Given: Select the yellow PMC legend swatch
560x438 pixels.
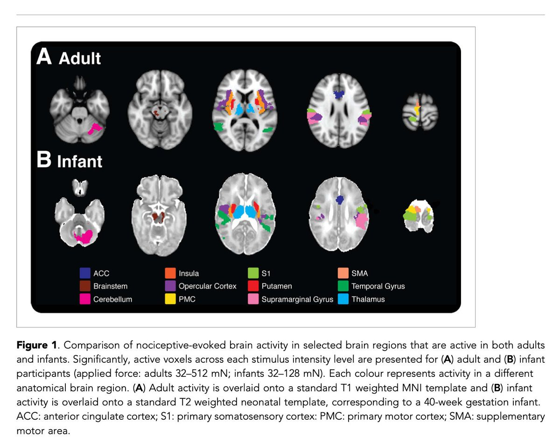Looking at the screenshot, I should [x=171, y=299].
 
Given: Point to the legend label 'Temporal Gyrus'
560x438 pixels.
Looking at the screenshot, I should [x=378, y=286].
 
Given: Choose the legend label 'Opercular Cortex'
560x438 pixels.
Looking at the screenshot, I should [x=207, y=286].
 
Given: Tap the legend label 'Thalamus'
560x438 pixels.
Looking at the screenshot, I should [x=368, y=299].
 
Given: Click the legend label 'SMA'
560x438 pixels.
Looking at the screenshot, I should [x=360, y=273].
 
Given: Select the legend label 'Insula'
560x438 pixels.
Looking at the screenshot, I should [x=189, y=273].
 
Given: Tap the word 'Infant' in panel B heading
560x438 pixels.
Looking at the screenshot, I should [x=79, y=162].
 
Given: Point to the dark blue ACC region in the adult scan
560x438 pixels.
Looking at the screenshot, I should [x=338, y=94].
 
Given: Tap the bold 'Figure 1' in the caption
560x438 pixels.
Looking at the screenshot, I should [x=35, y=346].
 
